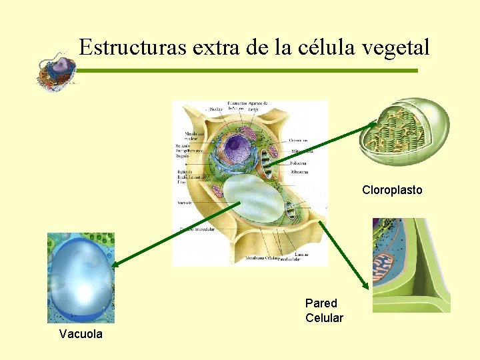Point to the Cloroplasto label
pyautogui.click(x=392, y=190)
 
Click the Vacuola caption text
pyautogui.click(x=81, y=334)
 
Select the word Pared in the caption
pyautogui.click(x=321, y=303)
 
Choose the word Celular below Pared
pyautogui.click(x=324, y=318)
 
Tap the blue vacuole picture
pyautogui.click(x=81, y=277)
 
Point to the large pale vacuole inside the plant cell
pyautogui.click(x=253, y=199)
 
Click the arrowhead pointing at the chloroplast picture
pyautogui.click(x=373, y=126)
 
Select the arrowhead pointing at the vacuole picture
pyautogui.click(x=114, y=265)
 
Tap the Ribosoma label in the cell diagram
pyautogui.click(x=299, y=172)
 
